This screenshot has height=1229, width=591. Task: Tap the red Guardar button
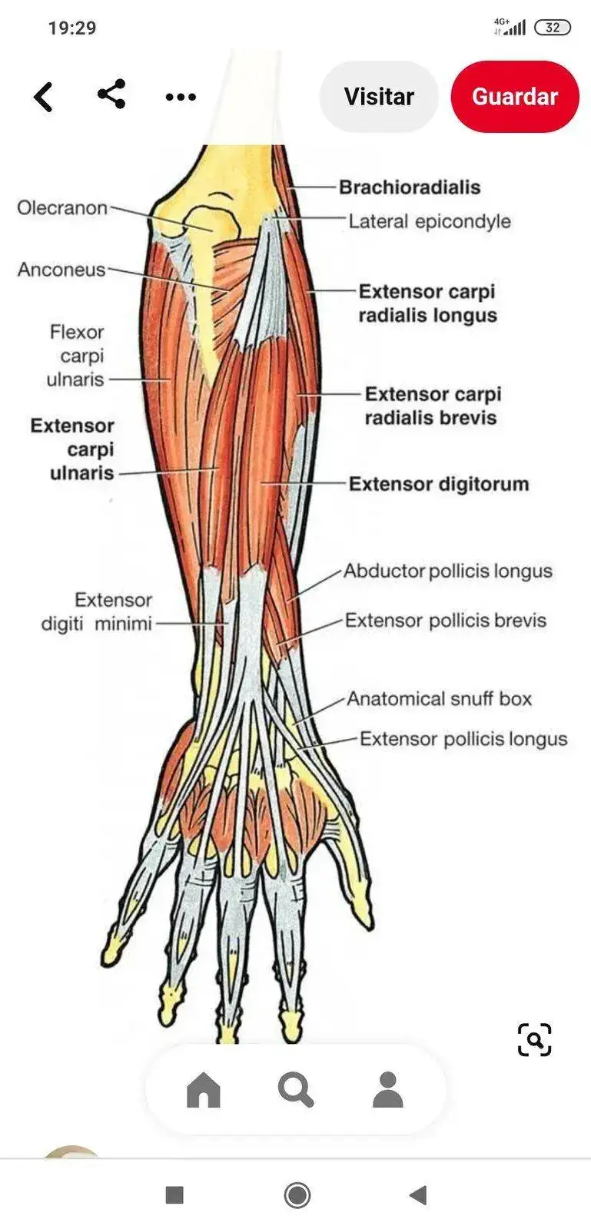514,97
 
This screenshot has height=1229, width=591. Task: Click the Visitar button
379,97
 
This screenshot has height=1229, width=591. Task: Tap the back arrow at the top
44,98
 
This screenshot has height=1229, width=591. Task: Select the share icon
112,94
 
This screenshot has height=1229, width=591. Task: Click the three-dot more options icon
181,98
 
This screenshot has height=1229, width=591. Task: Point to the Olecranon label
62,207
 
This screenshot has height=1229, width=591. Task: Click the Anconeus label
61,270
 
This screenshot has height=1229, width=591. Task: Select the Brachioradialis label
410,187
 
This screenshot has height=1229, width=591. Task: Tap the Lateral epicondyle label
430,222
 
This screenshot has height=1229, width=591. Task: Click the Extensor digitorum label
439,484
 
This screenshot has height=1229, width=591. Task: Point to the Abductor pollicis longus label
448,571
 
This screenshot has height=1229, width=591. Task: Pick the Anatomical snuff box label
439,699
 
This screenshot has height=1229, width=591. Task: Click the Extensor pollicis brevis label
446,621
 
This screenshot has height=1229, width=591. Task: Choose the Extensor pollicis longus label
463,739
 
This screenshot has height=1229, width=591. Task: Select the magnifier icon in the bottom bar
296,1089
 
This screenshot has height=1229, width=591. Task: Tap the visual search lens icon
534,1040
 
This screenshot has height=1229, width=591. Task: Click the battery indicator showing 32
553,28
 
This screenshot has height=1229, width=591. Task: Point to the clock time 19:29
72,28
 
